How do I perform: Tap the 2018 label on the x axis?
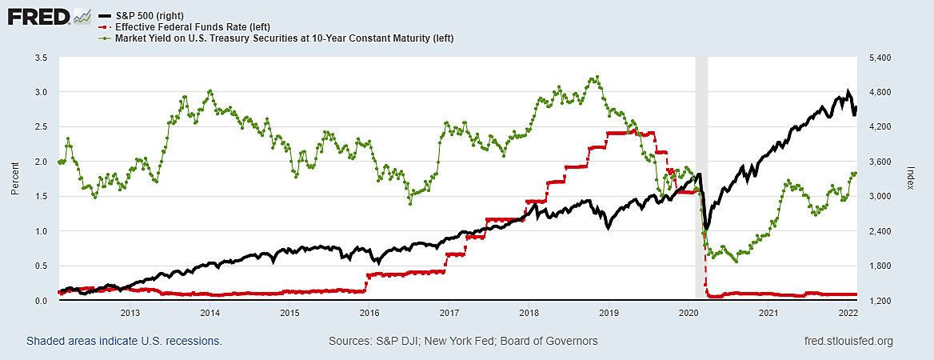click(x=529, y=313)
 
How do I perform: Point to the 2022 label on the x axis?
click(x=848, y=313)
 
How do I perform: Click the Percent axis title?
click(x=14, y=179)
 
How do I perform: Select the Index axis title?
click(x=911, y=179)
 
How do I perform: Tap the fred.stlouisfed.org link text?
click(x=847, y=342)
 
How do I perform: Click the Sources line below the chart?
click(x=463, y=342)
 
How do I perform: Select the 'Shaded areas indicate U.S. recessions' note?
click(x=124, y=342)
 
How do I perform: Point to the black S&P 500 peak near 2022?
click(x=848, y=91)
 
